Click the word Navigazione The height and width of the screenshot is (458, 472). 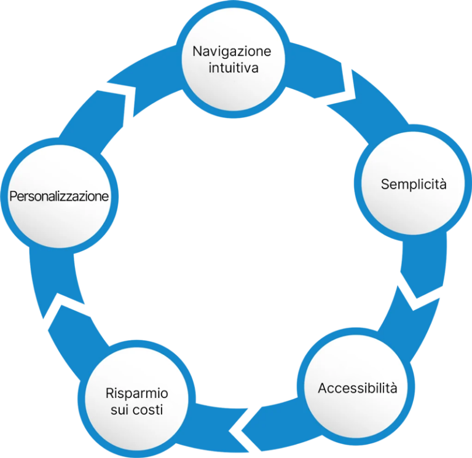tap(231, 51)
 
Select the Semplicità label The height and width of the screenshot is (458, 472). tap(414, 184)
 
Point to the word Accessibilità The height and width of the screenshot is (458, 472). tap(357, 388)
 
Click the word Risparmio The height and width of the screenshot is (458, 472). tap(136, 394)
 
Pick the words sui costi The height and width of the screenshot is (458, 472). tap(136, 410)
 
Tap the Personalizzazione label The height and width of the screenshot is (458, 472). tap(58, 197)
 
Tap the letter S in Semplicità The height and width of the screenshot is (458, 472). tap(385, 184)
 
